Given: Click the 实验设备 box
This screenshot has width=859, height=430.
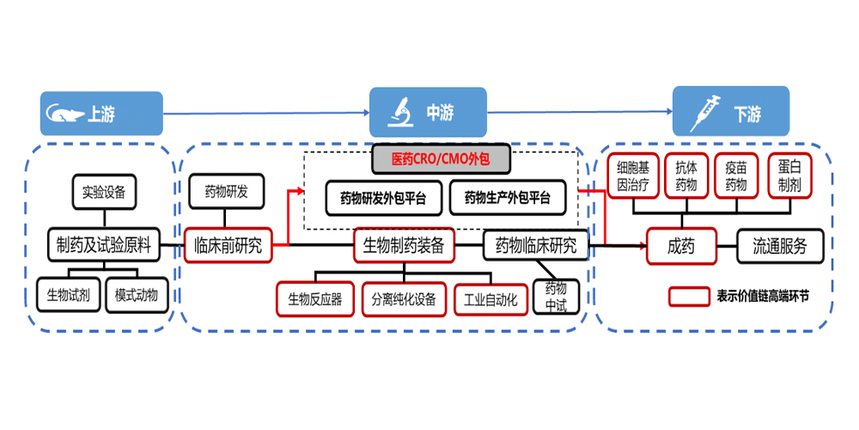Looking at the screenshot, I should click(x=103, y=192).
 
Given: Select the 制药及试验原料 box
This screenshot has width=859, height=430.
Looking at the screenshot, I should click(x=103, y=245).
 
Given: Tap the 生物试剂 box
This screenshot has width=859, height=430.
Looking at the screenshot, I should click(x=69, y=295).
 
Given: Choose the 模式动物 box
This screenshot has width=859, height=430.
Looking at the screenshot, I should click(x=137, y=295).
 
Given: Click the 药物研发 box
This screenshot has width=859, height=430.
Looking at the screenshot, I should click(x=227, y=192).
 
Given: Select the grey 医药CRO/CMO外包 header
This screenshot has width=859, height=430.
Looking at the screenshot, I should click(x=440, y=159).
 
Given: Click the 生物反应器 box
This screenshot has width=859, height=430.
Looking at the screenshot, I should click(x=314, y=299).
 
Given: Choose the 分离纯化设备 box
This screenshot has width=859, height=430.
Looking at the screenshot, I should click(x=404, y=299).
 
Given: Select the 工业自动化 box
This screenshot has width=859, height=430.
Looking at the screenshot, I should click(x=490, y=299).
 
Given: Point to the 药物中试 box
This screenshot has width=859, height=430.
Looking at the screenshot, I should click(x=556, y=297).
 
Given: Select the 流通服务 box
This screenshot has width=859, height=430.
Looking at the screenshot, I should click(x=780, y=247).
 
